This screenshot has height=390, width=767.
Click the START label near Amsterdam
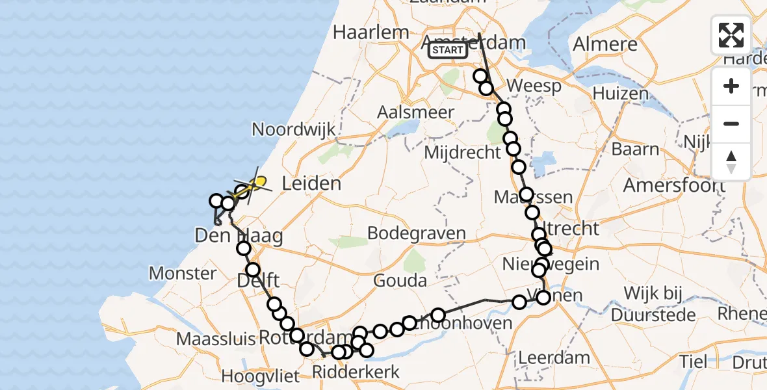coord(447,50)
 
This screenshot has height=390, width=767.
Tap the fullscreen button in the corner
coord(731,35)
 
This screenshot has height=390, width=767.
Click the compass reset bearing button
coord(731,161)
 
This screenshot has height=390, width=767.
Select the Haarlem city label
coord(371,32)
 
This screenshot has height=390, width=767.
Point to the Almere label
coord(605,44)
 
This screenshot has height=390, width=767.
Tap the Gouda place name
coord(400,281)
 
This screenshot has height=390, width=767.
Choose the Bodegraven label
coord(417,233)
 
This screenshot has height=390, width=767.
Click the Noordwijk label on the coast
coord(294,129)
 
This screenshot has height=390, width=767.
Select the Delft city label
coord(259,281)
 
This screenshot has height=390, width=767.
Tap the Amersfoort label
coord(674,185)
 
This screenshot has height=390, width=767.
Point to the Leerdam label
coord(554,357)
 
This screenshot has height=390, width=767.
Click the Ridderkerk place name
coord(356,372)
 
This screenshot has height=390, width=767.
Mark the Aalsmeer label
coord(416,112)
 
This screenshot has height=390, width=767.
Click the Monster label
coord(183,273)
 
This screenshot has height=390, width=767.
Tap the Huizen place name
coord(620,94)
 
